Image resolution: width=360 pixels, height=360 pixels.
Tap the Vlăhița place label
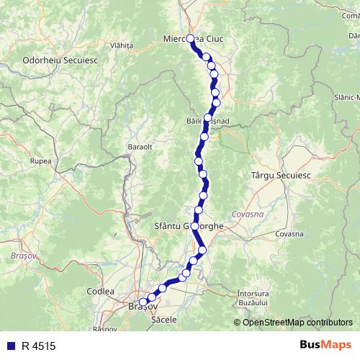(x=122, y=45)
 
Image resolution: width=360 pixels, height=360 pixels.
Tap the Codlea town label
(x=100, y=291)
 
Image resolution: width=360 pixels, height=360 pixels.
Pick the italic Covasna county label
(x=248, y=214)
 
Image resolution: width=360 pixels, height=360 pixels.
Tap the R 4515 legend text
(x=39, y=346)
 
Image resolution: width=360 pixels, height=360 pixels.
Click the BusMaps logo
(x=325, y=346)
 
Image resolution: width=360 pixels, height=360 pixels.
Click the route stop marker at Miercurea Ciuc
(x=191, y=39)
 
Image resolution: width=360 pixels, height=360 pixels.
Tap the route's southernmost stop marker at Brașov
(x=143, y=302)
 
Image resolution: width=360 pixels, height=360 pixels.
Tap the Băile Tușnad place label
(x=207, y=122)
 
